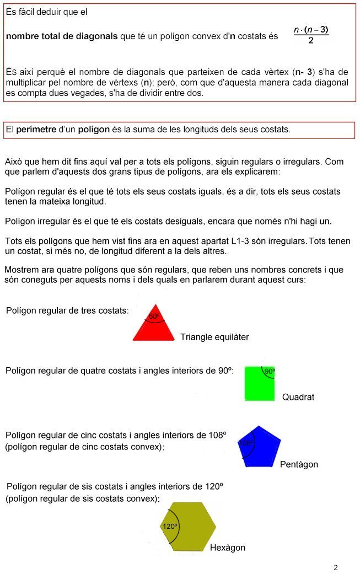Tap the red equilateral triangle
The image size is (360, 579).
tap(154, 329)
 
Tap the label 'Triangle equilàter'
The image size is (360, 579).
tap(214, 337)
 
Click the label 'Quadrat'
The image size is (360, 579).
tap(298, 397)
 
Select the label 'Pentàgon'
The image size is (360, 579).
tap(299, 464)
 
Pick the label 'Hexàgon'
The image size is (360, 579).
tap(227, 548)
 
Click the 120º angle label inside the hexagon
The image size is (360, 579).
tap(170, 527)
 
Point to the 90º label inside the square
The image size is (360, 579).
tap(269, 372)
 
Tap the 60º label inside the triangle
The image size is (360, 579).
tap(154, 317)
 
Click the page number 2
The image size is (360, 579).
tap(335, 567)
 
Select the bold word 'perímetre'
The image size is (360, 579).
tap(36, 130)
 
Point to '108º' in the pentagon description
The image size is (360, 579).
tap(216, 435)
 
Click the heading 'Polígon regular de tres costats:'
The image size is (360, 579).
tap(67, 310)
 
